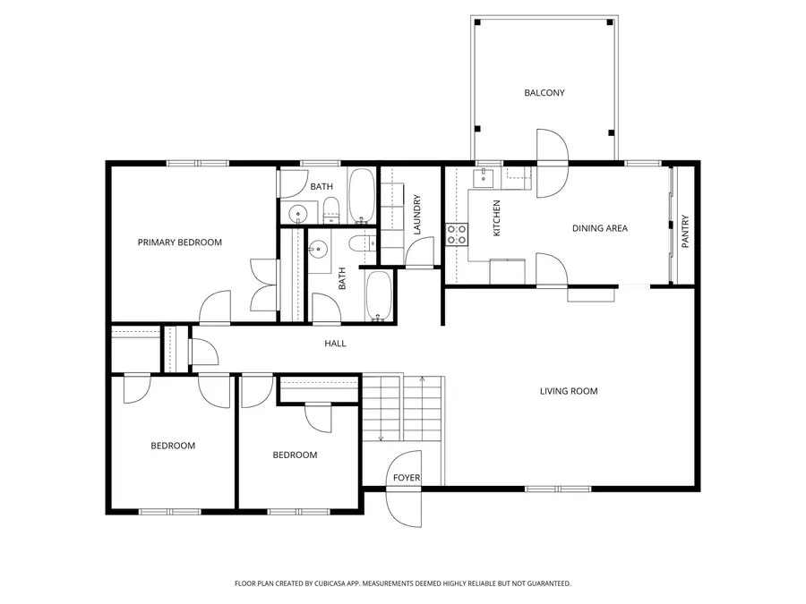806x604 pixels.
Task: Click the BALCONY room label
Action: point(544,93)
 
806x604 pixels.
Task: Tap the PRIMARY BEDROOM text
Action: point(179,242)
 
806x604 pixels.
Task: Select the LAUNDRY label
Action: point(417,215)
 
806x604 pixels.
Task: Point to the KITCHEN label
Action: point(497,217)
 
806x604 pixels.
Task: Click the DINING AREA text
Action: point(599,228)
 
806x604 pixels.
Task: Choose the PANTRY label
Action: point(686,231)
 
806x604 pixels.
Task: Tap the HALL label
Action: point(335,344)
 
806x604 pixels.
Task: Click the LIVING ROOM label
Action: point(568,391)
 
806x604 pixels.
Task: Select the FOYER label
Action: point(407,478)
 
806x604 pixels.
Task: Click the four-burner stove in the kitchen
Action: point(457,235)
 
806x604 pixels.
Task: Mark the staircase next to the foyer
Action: point(403,408)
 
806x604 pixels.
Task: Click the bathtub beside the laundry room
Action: point(363,195)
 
